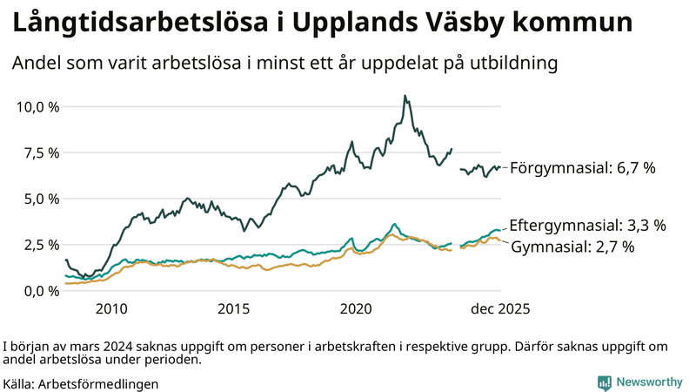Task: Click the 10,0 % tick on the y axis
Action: click(x=37, y=107)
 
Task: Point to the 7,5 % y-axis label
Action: click(x=39, y=153)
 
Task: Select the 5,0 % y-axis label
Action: click(x=39, y=199)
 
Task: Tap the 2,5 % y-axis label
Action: click(x=39, y=245)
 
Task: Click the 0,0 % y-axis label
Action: click(x=39, y=291)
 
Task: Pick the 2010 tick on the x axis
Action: click(x=111, y=309)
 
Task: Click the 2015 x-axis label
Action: click(x=234, y=309)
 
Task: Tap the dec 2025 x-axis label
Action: click(x=500, y=309)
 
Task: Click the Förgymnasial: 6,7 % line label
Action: click(x=582, y=168)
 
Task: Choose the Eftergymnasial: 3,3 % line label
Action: click(x=587, y=226)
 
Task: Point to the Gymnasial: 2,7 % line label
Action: click(x=572, y=247)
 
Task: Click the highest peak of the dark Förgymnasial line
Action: click(x=405, y=96)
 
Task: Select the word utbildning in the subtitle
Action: click(x=510, y=64)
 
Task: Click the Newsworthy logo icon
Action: click(x=604, y=382)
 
